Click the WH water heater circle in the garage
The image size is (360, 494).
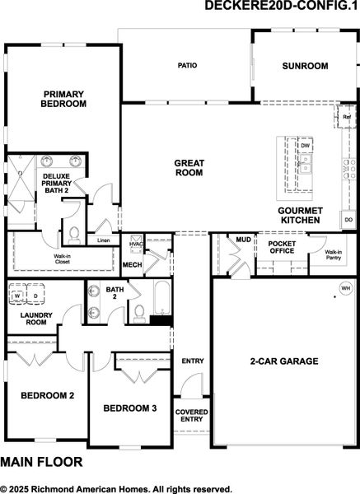(346, 288)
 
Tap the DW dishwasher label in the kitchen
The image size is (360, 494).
(305, 146)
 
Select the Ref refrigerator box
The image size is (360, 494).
(347, 117)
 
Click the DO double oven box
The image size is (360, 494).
(348, 220)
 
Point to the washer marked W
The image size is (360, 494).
(17, 296)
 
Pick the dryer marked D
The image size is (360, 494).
(35, 296)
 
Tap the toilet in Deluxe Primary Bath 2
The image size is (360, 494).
(74, 235)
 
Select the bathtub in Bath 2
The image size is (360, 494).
(162, 298)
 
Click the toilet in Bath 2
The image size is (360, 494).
(139, 315)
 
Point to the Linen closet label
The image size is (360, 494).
(104, 240)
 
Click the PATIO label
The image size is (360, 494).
(187, 66)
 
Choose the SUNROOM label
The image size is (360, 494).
(305, 66)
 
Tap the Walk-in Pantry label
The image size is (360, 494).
(333, 254)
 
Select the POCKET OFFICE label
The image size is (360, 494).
(282, 247)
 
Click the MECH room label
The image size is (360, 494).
(132, 264)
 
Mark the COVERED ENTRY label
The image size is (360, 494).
(191, 416)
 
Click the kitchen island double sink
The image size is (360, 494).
(305, 164)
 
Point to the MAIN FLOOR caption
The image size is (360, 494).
(41, 462)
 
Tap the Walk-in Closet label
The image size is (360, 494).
(62, 259)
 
